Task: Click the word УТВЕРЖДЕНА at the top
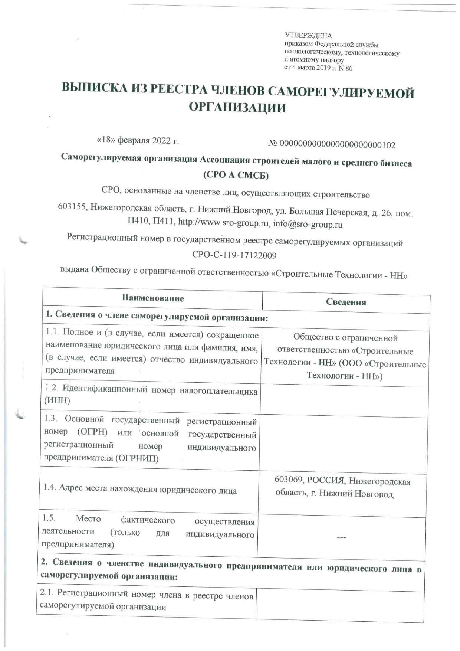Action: click(x=308, y=36)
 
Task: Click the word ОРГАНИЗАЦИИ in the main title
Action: click(x=237, y=108)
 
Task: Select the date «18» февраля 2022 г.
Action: click(x=138, y=141)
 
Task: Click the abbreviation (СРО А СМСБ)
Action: click(x=236, y=175)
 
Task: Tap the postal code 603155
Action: click(x=72, y=207)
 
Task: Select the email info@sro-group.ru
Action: click(x=308, y=225)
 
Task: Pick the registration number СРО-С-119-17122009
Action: click(x=234, y=255)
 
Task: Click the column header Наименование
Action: click(x=153, y=298)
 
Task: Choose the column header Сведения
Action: click(x=346, y=302)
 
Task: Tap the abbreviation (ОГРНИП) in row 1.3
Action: click(x=137, y=458)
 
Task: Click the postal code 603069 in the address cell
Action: click(x=289, y=480)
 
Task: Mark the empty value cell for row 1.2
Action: click(x=344, y=402)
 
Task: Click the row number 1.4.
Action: click(x=49, y=487)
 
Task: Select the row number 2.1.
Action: click(x=47, y=593)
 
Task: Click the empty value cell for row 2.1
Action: click(x=339, y=606)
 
